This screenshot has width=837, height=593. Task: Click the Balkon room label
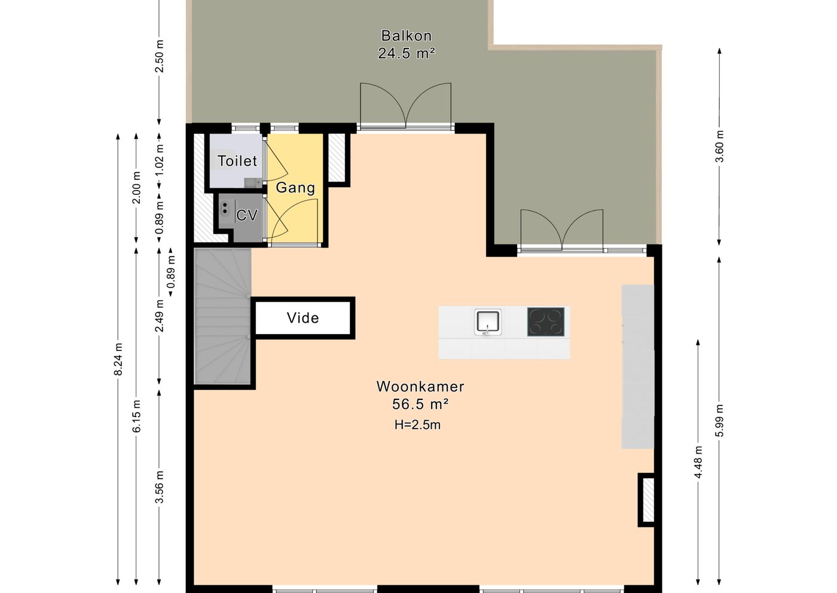click(x=406, y=36)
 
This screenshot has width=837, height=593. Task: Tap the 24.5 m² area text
click(x=406, y=53)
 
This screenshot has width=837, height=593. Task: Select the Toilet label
click(x=237, y=161)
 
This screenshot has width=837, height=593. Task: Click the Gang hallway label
click(x=295, y=188)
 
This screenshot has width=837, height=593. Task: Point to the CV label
click(x=247, y=215)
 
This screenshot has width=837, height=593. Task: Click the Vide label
click(x=303, y=318)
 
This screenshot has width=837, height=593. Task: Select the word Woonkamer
click(x=420, y=386)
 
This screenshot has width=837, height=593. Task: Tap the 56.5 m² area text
click(x=420, y=404)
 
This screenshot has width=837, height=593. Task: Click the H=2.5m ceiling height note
click(x=417, y=425)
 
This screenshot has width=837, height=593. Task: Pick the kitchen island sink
click(x=488, y=322)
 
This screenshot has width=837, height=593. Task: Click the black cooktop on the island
click(x=545, y=322)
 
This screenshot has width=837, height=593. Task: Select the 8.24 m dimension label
click(x=118, y=359)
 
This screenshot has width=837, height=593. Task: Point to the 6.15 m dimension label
click(x=137, y=416)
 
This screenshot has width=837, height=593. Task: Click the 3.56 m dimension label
click(x=160, y=487)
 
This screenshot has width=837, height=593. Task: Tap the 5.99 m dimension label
click(x=719, y=420)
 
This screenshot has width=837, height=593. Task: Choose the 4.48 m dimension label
click(x=698, y=462)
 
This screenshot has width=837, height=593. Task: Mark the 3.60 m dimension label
click(x=719, y=146)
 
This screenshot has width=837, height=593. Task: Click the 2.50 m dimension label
click(x=159, y=56)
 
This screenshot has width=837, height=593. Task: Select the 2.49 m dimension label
click(x=160, y=316)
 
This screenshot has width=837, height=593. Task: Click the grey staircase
click(x=222, y=316)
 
